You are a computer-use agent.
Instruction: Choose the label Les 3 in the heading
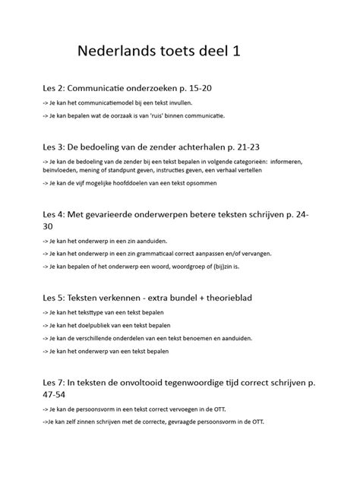click(x=54, y=145)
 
